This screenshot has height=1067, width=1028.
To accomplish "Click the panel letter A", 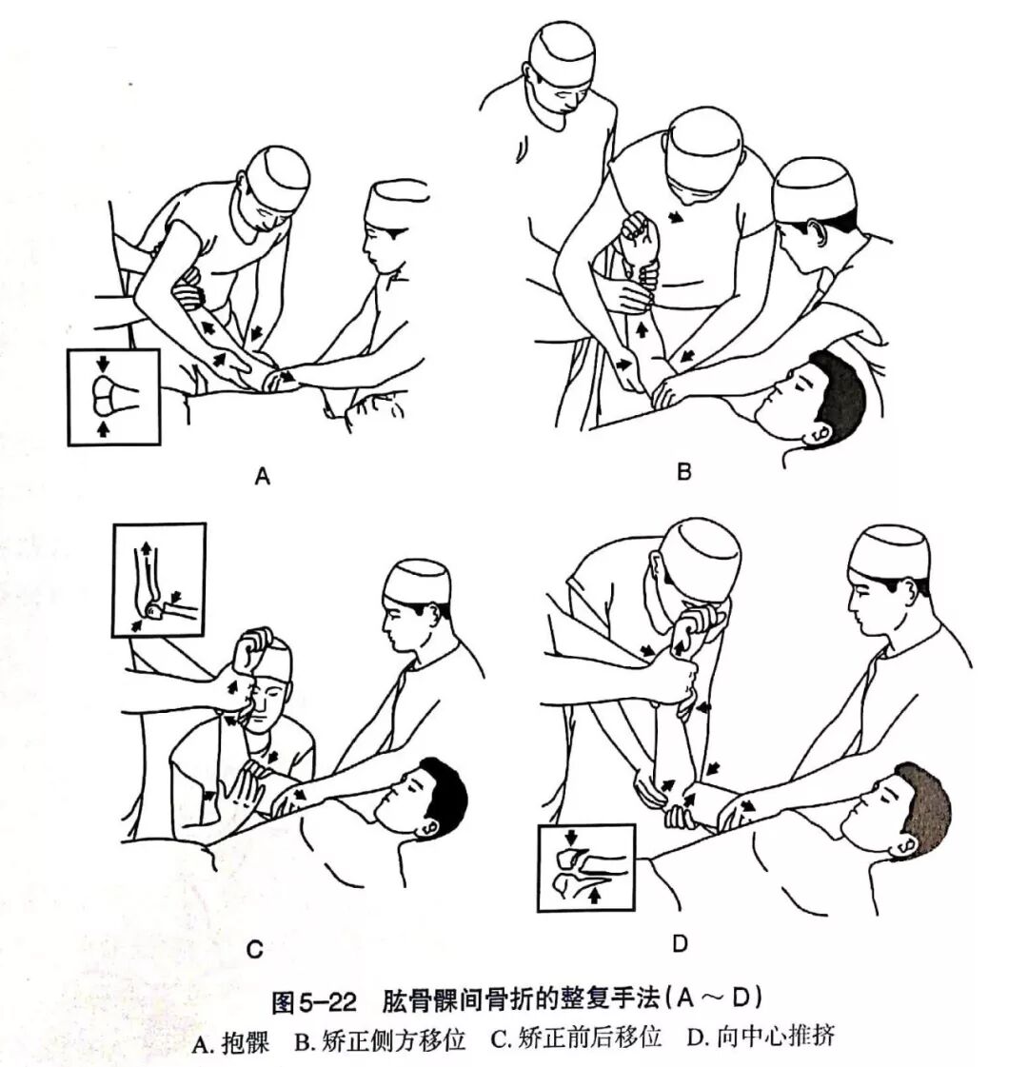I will click(x=263, y=478).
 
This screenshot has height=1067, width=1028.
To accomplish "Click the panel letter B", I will click(x=683, y=470).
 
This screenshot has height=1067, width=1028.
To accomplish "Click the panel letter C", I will click(x=254, y=949).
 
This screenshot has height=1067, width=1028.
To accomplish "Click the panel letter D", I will click(x=680, y=944).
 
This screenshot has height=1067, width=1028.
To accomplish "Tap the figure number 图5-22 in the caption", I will click(x=314, y=1001).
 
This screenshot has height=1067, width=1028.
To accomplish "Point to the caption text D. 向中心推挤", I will click(x=759, y=1037).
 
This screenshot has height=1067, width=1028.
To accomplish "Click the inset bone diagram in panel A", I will click(x=113, y=396).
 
